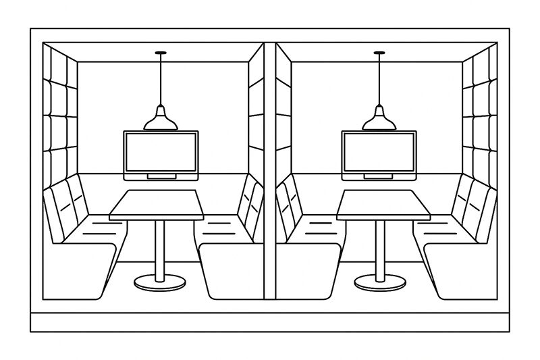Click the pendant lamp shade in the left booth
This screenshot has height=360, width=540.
pos(161,120)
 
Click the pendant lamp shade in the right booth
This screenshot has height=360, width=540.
pos(379,120)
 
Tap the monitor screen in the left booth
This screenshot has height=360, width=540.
pos(161,153)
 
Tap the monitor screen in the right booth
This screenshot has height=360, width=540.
pos(379,153)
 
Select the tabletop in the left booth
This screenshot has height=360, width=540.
pos(156,204)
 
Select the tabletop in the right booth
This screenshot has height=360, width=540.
pos(383,204)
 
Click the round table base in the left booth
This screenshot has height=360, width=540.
pos(159,282)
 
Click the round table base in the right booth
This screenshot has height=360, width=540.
pos(380,282)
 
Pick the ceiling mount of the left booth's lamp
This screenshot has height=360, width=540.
pos(161,53)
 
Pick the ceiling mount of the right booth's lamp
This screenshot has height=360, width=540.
pos(379,53)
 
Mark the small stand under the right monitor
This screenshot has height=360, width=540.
pos(379,177)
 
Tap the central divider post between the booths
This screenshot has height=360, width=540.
pos(270,169)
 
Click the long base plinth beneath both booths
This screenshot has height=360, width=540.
pos(270,322)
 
